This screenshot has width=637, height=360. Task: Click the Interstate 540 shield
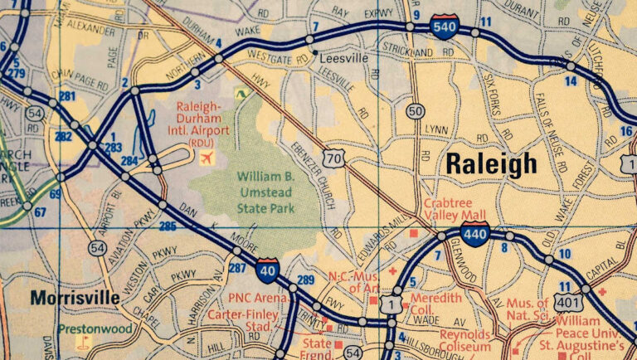pos(443,28)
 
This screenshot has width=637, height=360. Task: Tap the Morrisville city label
pos(64,297)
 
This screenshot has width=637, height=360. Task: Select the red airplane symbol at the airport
pos(207,157)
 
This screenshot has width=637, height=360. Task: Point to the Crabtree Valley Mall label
pos(455,207)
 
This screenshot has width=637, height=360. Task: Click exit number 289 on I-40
pos(305,280)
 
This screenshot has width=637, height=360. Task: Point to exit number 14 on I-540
pos(570,80)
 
